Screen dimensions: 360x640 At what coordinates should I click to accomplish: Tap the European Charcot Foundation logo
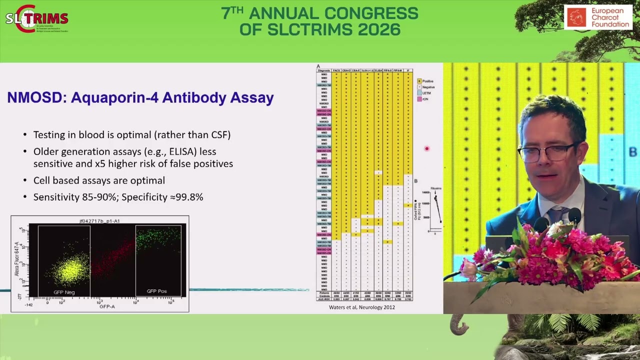click(597, 17)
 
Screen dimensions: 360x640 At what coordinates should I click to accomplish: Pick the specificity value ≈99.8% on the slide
click(186, 197)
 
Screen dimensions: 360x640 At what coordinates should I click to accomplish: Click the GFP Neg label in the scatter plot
click(64, 292)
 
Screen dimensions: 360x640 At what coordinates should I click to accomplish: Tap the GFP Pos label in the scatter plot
click(156, 291)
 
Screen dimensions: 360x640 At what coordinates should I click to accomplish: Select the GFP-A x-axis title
click(107, 306)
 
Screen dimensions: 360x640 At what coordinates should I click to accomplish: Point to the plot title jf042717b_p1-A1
click(99, 221)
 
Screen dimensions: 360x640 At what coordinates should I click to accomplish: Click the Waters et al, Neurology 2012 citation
click(361, 307)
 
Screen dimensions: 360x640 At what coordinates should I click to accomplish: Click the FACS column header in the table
click(336, 70)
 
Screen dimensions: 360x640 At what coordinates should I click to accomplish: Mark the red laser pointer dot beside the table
click(426, 148)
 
